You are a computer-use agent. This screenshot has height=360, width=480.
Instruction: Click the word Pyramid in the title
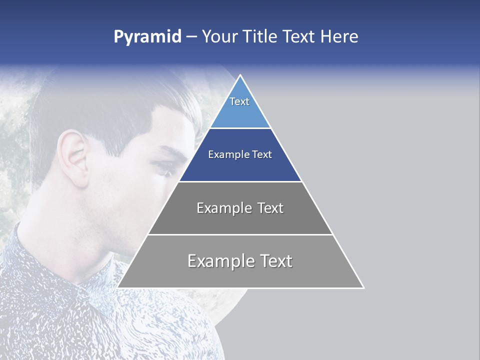point(147,37)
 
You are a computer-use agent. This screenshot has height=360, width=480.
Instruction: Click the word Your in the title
point(219,37)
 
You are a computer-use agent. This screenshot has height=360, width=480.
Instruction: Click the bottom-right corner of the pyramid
point(363,287)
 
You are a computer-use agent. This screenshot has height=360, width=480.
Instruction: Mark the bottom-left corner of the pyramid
point(118,287)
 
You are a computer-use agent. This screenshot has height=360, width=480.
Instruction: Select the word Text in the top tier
point(239,101)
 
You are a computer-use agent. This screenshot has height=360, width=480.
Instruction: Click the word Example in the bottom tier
point(215,261)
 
